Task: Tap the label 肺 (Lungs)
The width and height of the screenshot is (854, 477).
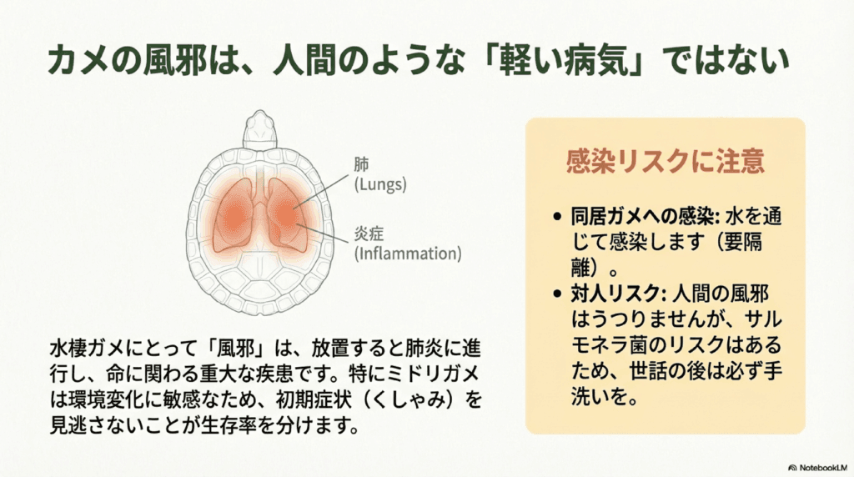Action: coord(380,174)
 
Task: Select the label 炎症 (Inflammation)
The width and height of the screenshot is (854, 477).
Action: coord(407,244)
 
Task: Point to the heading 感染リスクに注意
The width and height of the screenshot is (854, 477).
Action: coord(665,161)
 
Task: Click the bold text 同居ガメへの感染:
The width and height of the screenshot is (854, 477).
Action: coord(646,217)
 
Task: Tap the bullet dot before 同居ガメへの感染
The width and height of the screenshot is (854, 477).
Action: coord(556,217)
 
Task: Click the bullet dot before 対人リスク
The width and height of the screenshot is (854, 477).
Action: coord(556,294)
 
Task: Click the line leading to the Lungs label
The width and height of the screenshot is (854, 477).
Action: coord(322,191)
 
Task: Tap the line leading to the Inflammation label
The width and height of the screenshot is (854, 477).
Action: coord(322,233)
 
